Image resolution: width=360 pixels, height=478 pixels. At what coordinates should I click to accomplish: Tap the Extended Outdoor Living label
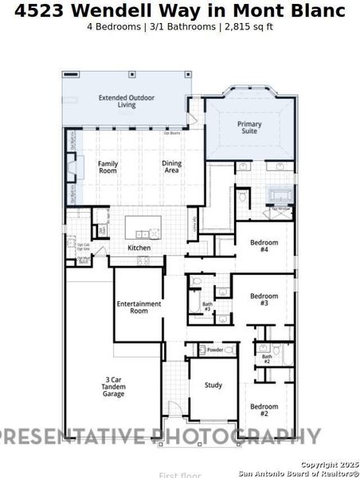point(126,101)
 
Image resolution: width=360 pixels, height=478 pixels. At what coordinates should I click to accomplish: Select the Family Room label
point(108,167)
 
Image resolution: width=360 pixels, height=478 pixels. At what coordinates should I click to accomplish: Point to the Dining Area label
point(171,167)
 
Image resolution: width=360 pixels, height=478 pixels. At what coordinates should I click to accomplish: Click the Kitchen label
point(139,248)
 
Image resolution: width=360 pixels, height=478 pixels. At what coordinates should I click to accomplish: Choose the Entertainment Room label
point(139,307)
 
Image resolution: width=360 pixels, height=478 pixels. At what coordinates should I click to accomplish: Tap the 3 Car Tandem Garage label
point(113,386)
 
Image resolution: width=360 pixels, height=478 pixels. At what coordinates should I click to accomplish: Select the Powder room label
point(214,350)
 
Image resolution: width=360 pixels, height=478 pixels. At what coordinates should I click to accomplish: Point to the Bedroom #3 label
point(264,300)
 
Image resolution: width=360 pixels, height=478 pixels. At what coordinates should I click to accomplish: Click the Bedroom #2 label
point(264,409)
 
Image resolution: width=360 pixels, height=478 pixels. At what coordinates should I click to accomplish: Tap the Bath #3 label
point(207,306)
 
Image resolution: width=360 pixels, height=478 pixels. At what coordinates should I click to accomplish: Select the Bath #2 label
point(267,359)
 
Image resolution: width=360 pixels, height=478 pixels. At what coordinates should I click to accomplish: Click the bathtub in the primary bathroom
point(280,196)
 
